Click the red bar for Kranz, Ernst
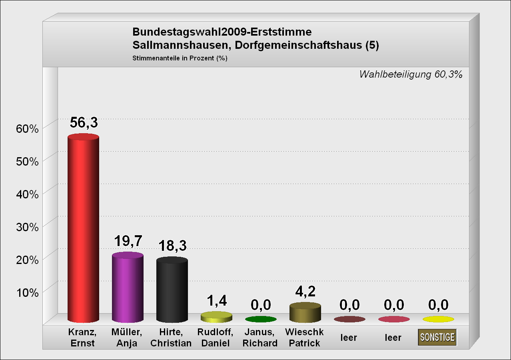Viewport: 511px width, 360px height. point(83,228)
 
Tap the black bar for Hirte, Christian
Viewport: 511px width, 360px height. point(172,290)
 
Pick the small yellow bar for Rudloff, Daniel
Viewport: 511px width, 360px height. point(216,317)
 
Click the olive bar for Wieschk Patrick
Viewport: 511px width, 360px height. point(305,313)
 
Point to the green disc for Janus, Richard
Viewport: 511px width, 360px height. point(261,319)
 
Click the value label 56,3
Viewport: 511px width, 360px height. point(84,122)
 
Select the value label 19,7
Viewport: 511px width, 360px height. point(128,241)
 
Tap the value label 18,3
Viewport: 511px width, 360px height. point(172,246)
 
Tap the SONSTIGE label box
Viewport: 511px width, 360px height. point(437,337)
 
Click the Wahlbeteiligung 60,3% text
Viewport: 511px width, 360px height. point(411,74)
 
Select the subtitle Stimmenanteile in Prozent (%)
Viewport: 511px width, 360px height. point(180,58)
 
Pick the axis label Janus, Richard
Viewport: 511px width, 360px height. point(260,338)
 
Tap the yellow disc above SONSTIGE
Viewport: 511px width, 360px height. point(438,319)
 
